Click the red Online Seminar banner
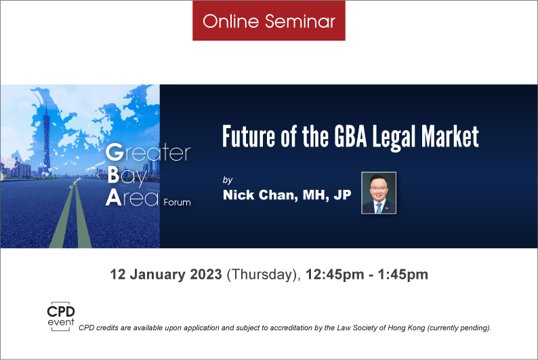pyautogui.click(x=268, y=20)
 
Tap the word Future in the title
pyautogui.click(x=249, y=136)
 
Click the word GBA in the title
pyautogui.click(x=351, y=136)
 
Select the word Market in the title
pyautogui.click(x=450, y=136)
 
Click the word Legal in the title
pyautogui.click(x=394, y=138)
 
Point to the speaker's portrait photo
pyautogui.click(x=379, y=193)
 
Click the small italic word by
pyautogui.click(x=228, y=180)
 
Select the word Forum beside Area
pyautogui.click(x=177, y=202)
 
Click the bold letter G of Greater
pyautogui.click(x=115, y=152)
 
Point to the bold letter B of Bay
pyautogui.click(x=113, y=175)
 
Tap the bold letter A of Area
pyautogui.click(x=113, y=198)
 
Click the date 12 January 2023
pyautogui.click(x=166, y=275)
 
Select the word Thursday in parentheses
pyautogui.click(x=262, y=275)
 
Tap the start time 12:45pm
pyautogui.click(x=335, y=275)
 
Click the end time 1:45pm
pyautogui.click(x=402, y=275)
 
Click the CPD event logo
pyautogui.click(x=61, y=316)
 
